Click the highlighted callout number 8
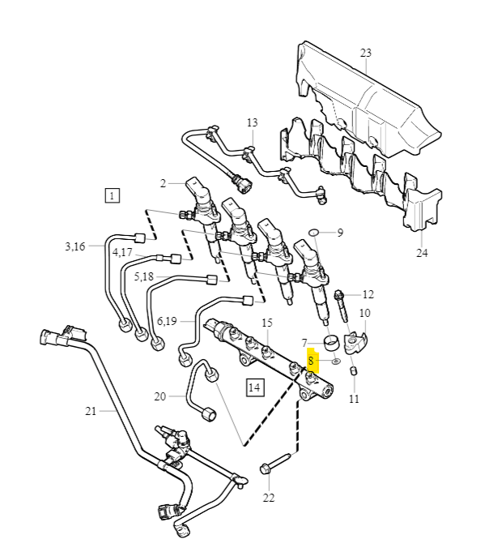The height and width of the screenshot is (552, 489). click(x=312, y=361)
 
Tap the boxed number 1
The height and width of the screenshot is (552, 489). click(x=112, y=195)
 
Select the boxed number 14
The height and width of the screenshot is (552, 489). click(x=254, y=387)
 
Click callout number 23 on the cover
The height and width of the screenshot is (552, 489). click(x=365, y=53)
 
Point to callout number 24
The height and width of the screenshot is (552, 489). click(x=422, y=252)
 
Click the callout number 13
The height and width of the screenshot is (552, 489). click(x=252, y=123)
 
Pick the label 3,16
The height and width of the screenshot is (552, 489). click(x=75, y=246)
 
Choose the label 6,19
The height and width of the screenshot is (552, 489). click(x=166, y=321)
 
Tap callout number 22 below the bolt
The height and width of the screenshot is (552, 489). click(x=269, y=497)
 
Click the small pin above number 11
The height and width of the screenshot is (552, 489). click(x=354, y=371)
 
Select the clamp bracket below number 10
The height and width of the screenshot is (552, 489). click(x=355, y=342)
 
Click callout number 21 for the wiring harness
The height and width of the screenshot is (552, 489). click(x=91, y=411)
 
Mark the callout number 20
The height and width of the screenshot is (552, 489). click(x=159, y=396)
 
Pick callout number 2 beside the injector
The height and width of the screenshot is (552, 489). click(x=163, y=184)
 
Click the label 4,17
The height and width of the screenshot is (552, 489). click(x=122, y=253)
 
